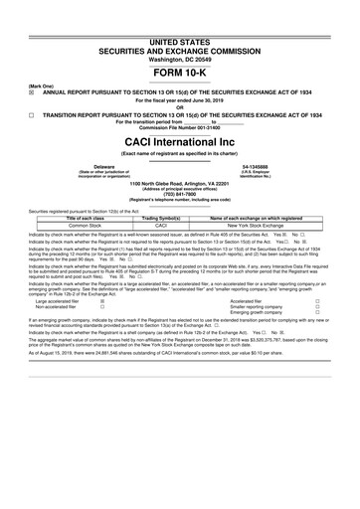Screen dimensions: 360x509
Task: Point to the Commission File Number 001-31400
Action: click(180, 129)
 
